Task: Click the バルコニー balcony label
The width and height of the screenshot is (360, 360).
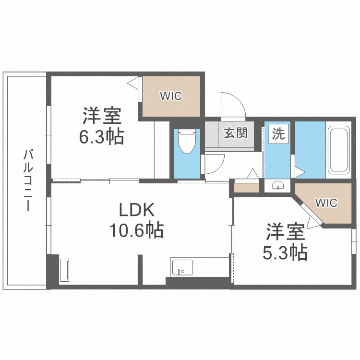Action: tap(28, 180)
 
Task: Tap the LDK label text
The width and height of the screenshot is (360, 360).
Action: tap(136, 210)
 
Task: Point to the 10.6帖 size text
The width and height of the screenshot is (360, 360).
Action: tap(136, 229)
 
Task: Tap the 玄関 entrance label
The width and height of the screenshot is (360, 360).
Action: tap(236, 133)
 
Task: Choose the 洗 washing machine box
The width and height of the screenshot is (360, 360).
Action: tap(278, 134)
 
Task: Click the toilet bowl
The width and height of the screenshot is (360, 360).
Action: tap(187, 141)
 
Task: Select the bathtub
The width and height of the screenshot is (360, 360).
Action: tap(339, 150)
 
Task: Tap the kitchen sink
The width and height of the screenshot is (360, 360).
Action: tap(182, 267)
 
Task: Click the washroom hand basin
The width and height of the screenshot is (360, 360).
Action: tap(277, 185)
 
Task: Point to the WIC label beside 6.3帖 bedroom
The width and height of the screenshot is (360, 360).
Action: tap(171, 96)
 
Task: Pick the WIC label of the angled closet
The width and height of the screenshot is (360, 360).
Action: tap(326, 203)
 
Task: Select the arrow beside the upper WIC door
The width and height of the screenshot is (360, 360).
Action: tap(132, 83)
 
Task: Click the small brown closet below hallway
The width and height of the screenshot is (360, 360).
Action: tap(247, 188)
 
